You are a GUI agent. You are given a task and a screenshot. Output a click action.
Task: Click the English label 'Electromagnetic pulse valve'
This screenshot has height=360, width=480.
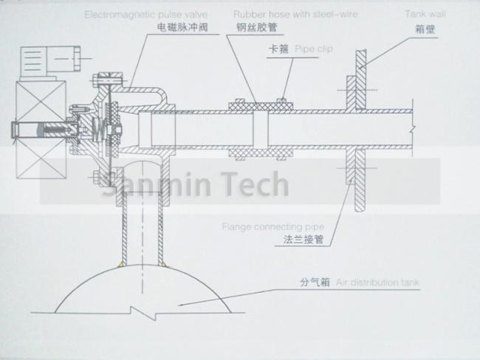[146, 15]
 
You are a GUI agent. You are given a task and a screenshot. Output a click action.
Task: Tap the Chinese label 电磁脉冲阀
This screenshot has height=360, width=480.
[182, 27]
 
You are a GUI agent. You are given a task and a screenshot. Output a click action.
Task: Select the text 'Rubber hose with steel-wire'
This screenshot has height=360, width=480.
[295, 14]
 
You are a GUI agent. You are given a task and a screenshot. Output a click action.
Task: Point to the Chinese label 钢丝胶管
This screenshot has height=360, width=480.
[256, 27]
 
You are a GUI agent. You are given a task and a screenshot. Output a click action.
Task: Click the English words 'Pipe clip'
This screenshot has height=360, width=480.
[314, 49]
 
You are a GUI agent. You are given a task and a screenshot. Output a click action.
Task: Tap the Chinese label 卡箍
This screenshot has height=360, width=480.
[278, 49]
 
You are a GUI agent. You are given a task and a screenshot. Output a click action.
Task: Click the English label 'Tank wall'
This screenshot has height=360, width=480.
[425, 14]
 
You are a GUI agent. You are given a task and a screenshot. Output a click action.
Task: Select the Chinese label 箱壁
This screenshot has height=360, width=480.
[425, 30]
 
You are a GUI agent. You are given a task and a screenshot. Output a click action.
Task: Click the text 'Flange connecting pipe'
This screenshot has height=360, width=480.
[273, 227]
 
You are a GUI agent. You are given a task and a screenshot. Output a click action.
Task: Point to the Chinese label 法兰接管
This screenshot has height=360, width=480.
[303, 239]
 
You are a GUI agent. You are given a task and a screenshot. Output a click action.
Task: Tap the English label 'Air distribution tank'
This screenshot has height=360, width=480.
[377, 282]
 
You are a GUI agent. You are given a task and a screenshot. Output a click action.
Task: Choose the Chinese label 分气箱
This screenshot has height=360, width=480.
[315, 282]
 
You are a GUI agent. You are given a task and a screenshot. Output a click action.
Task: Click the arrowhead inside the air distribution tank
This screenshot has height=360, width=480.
[181, 305]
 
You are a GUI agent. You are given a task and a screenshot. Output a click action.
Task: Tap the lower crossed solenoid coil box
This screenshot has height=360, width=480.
[41, 160]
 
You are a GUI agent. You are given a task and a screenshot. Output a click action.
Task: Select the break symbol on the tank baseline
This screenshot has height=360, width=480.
[144, 312]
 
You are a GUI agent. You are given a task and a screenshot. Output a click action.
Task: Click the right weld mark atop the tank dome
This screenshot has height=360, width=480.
[162, 263]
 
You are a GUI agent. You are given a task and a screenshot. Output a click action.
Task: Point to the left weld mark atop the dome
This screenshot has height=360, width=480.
[121, 264]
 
